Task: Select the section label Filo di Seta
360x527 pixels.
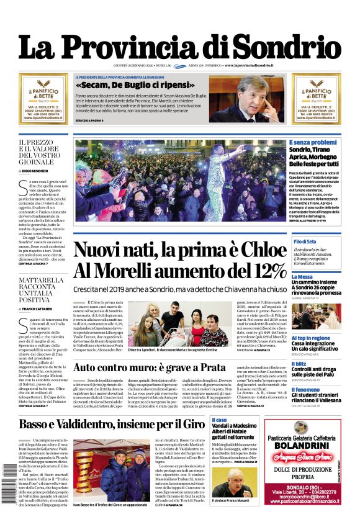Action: [305, 241]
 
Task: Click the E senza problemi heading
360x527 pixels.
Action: [313, 142]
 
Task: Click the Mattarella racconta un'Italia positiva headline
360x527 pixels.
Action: [41, 289]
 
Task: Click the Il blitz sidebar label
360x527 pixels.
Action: [299, 363]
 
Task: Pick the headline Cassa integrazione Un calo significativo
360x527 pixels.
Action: [315, 346]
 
